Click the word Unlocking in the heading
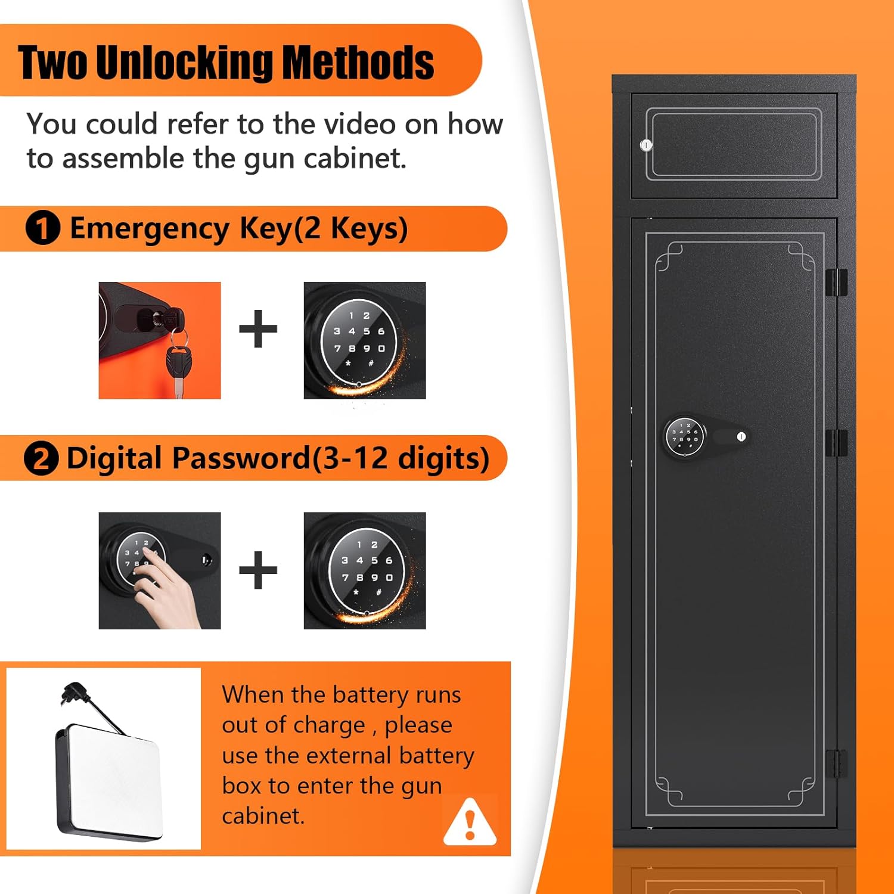(184, 63)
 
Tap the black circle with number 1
(43, 228)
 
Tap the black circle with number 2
(41, 459)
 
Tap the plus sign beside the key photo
(258, 328)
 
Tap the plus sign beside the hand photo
(258, 570)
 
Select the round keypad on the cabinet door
(684, 436)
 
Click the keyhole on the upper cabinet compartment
(646, 145)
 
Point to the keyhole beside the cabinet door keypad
(741, 437)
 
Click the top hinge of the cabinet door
(837, 283)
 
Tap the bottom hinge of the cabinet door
(837, 764)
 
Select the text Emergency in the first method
(150, 229)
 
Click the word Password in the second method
(241, 458)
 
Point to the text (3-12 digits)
(401, 460)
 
